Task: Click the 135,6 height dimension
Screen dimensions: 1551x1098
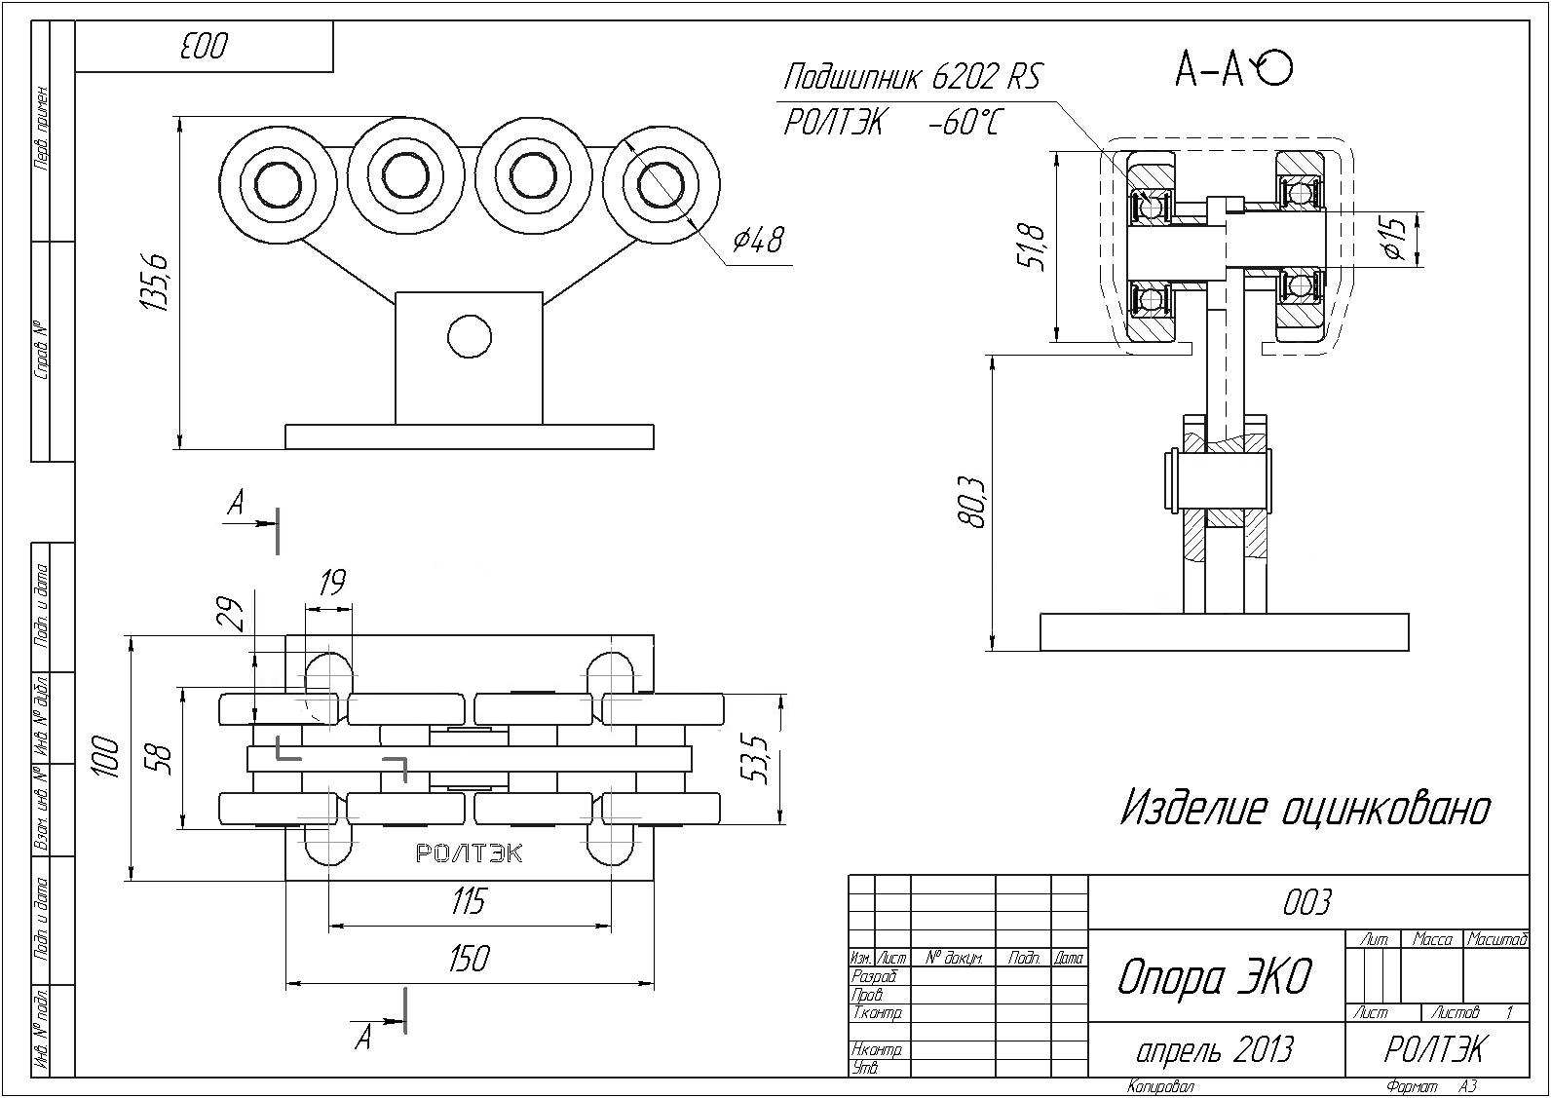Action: click(154, 282)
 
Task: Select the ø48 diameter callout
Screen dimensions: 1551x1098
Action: click(758, 241)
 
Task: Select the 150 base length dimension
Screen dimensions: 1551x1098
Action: click(470, 958)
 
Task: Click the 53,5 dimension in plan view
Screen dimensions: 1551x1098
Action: click(758, 760)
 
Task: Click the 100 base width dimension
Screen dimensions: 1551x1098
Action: click(107, 757)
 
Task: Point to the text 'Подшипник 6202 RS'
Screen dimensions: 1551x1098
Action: click(912, 77)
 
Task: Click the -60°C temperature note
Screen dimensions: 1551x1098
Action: click(965, 124)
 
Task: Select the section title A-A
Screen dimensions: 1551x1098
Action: click(1233, 70)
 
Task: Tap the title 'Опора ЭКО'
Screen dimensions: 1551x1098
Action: click(1215, 977)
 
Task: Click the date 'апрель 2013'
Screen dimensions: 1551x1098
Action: click(1214, 1050)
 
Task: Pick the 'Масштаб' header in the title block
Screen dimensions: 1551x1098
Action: click(1497, 939)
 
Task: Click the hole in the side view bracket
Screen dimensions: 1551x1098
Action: click(470, 336)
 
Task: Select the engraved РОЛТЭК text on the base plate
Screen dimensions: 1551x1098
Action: click(469, 852)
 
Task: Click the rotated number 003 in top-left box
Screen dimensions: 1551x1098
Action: click(205, 47)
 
